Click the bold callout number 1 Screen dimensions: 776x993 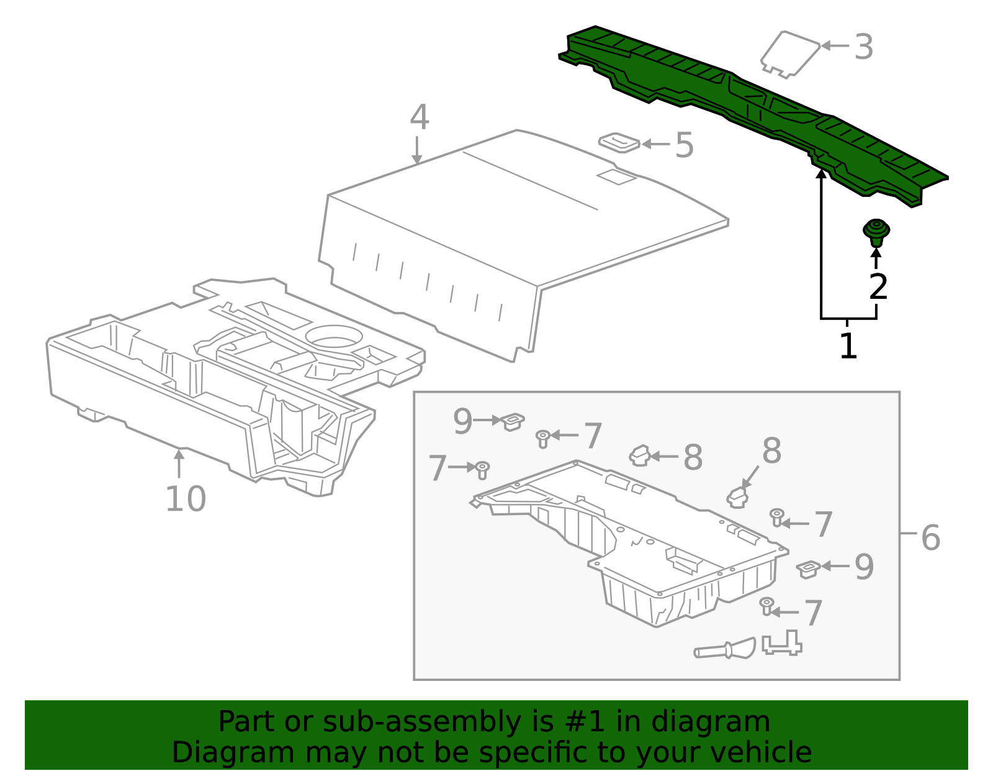pyautogui.click(x=848, y=346)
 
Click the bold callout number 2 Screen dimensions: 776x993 pyautogui.click(x=878, y=287)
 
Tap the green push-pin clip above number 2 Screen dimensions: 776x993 pyautogui.click(x=876, y=232)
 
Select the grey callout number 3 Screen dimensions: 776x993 pyautogui.click(x=863, y=47)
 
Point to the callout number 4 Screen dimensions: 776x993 pyautogui.click(x=419, y=117)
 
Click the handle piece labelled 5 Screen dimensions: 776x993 pyautogui.click(x=619, y=142)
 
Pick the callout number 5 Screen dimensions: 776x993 pyautogui.click(x=684, y=145)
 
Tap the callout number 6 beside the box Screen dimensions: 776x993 pyautogui.click(x=930, y=537)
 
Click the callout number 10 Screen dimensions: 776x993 pyautogui.click(x=186, y=499)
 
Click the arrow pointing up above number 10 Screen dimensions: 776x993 pyautogui.click(x=179, y=462)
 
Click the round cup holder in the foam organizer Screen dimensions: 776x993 pyautogui.click(x=334, y=336)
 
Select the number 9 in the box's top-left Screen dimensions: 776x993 pyautogui.click(x=462, y=422)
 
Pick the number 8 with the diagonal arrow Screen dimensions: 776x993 pyautogui.click(x=771, y=451)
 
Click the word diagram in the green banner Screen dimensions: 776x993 pyautogui.click(x=724, y=722)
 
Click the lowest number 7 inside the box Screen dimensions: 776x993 pyautogui.click(x=813, y=613)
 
